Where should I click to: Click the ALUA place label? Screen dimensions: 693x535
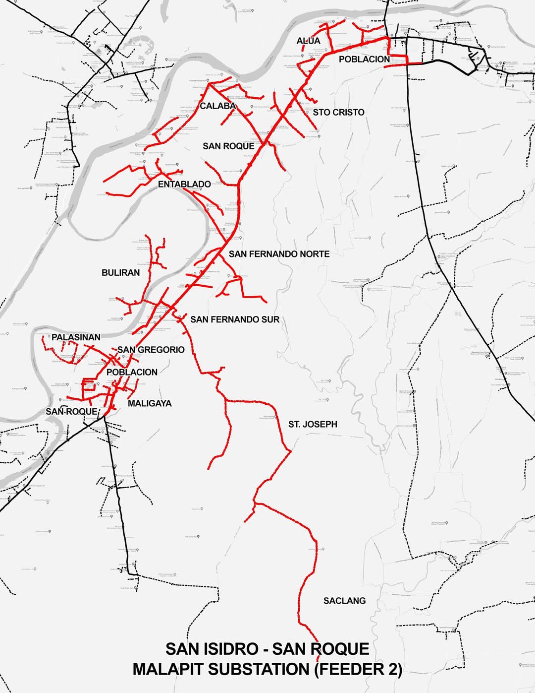point(309,41)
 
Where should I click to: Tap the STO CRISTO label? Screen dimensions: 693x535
point(338,113)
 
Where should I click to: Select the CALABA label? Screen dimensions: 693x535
point(217,106)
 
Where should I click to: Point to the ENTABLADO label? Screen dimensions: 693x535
point(184,184)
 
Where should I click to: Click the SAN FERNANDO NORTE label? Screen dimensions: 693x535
point(279,254)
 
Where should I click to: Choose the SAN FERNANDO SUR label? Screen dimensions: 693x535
point(235,319)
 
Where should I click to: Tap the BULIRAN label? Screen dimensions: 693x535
point(120,273)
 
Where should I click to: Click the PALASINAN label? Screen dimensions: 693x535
point(76,337)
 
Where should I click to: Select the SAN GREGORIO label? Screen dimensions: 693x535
point(151,350)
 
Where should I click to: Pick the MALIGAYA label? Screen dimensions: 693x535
point(150,404)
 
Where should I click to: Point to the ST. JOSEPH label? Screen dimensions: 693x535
point(313,424)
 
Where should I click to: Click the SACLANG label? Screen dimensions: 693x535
point(344,601)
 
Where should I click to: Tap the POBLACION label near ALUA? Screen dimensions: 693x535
point(364,59)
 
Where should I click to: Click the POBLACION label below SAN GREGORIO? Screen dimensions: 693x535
point(132,372)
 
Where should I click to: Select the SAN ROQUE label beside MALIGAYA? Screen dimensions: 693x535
point(71,412)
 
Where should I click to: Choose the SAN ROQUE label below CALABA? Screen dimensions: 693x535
point(228,146)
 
